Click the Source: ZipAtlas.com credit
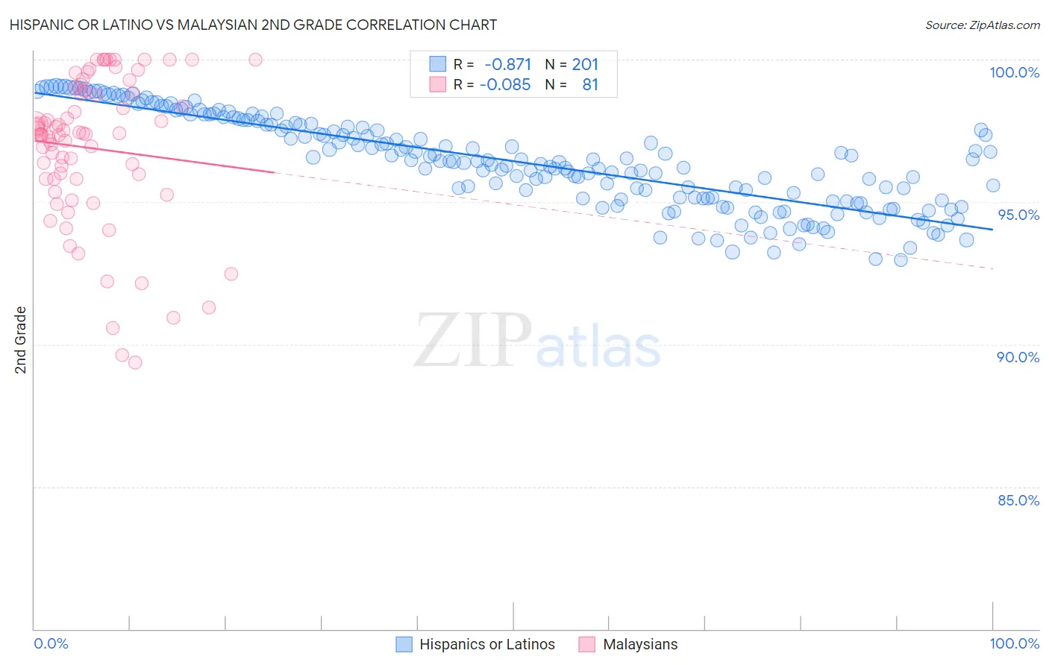[982, 25]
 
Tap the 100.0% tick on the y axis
[1014, 72]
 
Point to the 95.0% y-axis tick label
[1018, 215]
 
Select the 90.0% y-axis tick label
[1018, 357]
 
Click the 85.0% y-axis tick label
[1018, 500]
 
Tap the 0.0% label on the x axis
[51, 643]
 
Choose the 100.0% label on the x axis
[1014, 643]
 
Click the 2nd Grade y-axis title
[21, 340]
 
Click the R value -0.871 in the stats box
[507, 65]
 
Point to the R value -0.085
[505, 84]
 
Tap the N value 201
[585, 65]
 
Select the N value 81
[590, 84]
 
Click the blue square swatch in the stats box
[437, 64]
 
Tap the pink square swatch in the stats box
[437, 84]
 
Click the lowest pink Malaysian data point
[135, 362]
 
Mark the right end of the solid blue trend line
[992, 229]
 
